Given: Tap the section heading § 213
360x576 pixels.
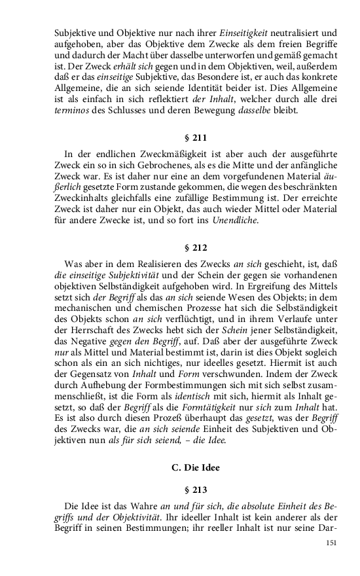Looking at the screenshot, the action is tap(196, 488).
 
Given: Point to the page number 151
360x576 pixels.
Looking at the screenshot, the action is tap(332, 543).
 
